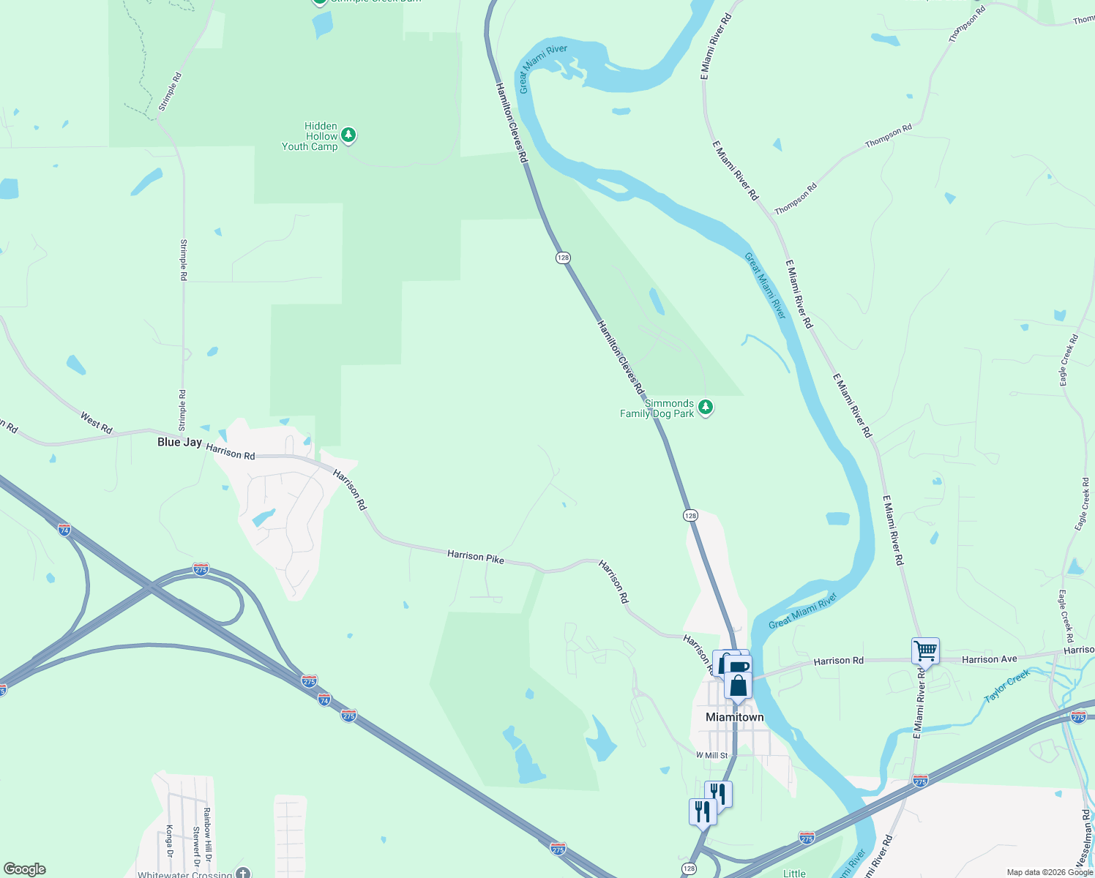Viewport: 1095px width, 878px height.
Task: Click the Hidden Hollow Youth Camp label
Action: [310, 136]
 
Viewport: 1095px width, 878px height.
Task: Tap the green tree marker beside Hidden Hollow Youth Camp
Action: [349, 135]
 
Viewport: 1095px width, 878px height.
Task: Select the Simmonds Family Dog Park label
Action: [657, 408]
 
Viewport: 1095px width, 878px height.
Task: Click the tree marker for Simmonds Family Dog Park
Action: [706, 407]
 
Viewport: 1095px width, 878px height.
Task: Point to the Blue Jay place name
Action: [179, 442]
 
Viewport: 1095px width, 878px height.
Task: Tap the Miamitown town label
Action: [734, 717]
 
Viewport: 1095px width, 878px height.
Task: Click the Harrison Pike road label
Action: [476, 557]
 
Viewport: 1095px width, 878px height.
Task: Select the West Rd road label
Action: [97, 423]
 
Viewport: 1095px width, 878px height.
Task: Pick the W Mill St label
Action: [712, 755]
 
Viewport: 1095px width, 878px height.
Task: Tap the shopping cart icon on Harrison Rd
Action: [926, 650]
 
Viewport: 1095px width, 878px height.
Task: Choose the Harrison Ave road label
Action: [990, 659]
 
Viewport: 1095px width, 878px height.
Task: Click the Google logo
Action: [25, 869]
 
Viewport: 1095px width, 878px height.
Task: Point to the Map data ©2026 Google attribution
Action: [1050, 872]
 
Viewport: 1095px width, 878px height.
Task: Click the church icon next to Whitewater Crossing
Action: [243, 873]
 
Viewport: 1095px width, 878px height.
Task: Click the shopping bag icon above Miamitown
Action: [739, 686]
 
